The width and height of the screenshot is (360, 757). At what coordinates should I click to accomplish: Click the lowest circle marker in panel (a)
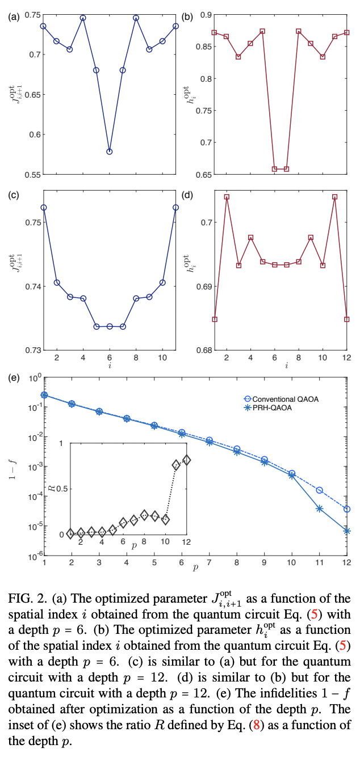[x=110, y=152]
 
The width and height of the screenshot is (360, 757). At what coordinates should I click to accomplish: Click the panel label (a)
[x=12, y=16]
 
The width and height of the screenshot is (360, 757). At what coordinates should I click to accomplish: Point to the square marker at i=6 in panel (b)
[x=275, y=169]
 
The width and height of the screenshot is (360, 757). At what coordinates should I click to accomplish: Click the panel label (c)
[x=12, y=195]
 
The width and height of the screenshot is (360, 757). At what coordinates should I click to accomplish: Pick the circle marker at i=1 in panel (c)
[x=43, y=208]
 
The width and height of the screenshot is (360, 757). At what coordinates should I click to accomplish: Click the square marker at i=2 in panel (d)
[x=227, y=197]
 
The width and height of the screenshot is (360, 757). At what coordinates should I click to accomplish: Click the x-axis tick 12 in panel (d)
[x=347, y=359]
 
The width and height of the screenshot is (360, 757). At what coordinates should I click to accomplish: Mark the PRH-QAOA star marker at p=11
[x=320, y=508]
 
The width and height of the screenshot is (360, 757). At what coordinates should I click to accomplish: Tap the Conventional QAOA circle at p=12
[x=347, y=510]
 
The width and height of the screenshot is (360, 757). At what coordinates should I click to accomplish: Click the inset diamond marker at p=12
[x=187, y=461]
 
